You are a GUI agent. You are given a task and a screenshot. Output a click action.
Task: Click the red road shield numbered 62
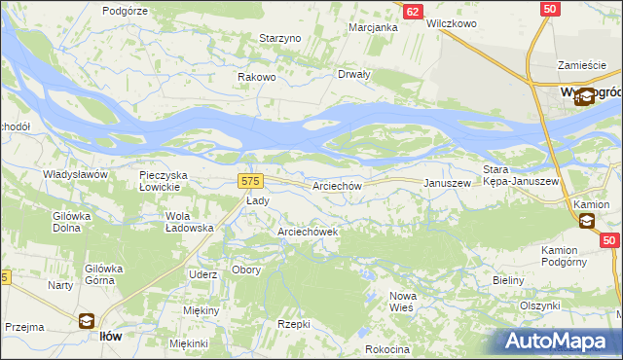(413, 11)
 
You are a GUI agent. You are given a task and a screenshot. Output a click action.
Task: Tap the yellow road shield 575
(249, 181)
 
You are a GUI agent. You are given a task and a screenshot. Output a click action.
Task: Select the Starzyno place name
(281, 38)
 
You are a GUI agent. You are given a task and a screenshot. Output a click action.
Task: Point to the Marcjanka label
(374, 27)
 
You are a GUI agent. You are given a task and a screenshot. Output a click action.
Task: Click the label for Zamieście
(582, 65)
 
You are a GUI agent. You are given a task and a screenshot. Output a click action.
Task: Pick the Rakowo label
(258, 78)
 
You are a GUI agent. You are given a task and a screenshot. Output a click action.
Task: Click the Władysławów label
(74, 174)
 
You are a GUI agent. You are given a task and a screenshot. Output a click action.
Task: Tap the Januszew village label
(447, 183)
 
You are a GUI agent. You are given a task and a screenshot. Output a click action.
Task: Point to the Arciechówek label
(308, 233)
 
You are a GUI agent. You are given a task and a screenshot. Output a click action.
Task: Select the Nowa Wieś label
(402, 301)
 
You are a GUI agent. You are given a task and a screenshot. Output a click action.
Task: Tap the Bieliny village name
(508, 280)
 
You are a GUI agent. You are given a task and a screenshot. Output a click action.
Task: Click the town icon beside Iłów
(85, 321)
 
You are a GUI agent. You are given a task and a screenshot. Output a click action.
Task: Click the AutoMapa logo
(558, 341)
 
